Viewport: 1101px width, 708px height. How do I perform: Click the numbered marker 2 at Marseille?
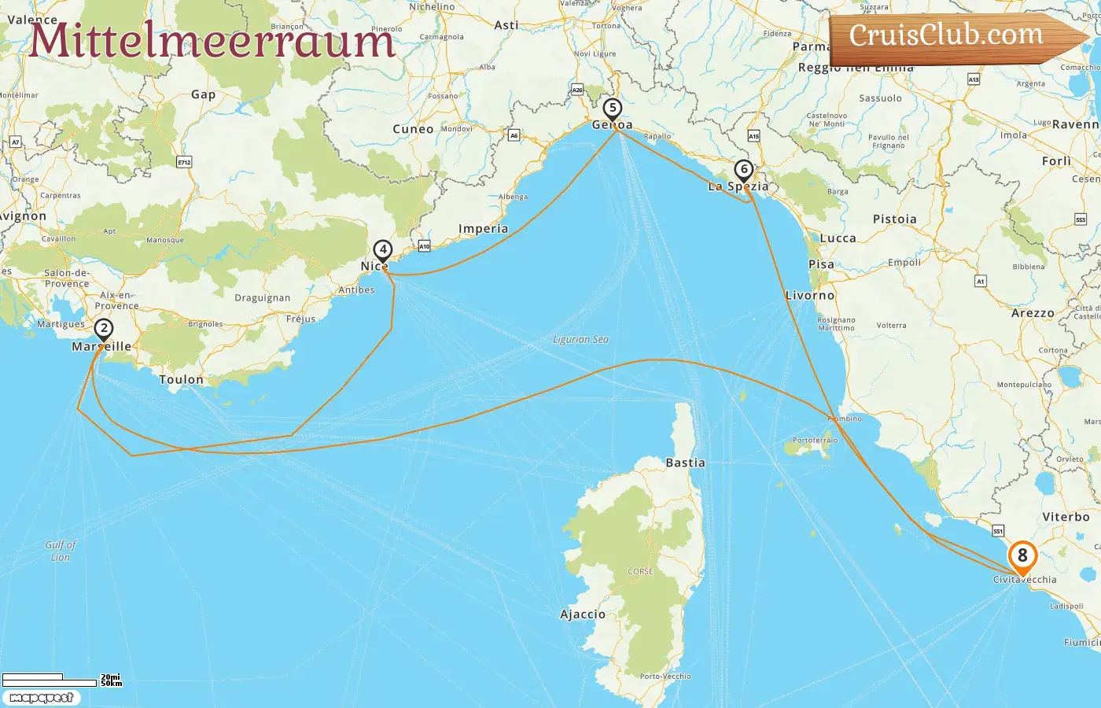(x=103, y=329)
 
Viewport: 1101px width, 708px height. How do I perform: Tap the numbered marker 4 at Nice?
(x=382, y=250)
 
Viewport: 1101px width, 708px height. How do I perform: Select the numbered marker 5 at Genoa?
(x=613, y=109)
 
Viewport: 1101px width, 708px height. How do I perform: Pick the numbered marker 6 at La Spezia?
(x=743, y=170)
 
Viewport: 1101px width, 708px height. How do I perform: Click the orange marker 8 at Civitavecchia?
(x=1022, y=556)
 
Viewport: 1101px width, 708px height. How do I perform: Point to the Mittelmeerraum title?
(x=212, y=40)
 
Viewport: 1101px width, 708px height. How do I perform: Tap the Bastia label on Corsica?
(x=685, y=463)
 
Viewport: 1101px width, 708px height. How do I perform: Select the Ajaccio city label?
(x=583, y=614)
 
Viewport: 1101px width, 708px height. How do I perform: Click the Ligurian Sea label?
(x=580, y=339)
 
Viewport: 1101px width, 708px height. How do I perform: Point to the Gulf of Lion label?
(x=61, y=551)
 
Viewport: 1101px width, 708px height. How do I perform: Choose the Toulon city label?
(x=181, y=379)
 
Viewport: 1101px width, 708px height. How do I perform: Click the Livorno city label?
(x=810, y=295)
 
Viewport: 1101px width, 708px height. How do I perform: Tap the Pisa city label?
(x=821, y=264)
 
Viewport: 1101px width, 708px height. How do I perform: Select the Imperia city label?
(x=483, y=229)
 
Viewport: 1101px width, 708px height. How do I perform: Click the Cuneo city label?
(x=413, y=129)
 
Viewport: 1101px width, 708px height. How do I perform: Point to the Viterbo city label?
(x=1066, y=517)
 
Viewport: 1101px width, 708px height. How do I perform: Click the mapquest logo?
(x=41, y=698)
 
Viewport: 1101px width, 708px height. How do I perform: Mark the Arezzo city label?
(x=1033, y=313)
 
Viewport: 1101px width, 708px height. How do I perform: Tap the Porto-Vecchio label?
(x=665, y=676)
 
